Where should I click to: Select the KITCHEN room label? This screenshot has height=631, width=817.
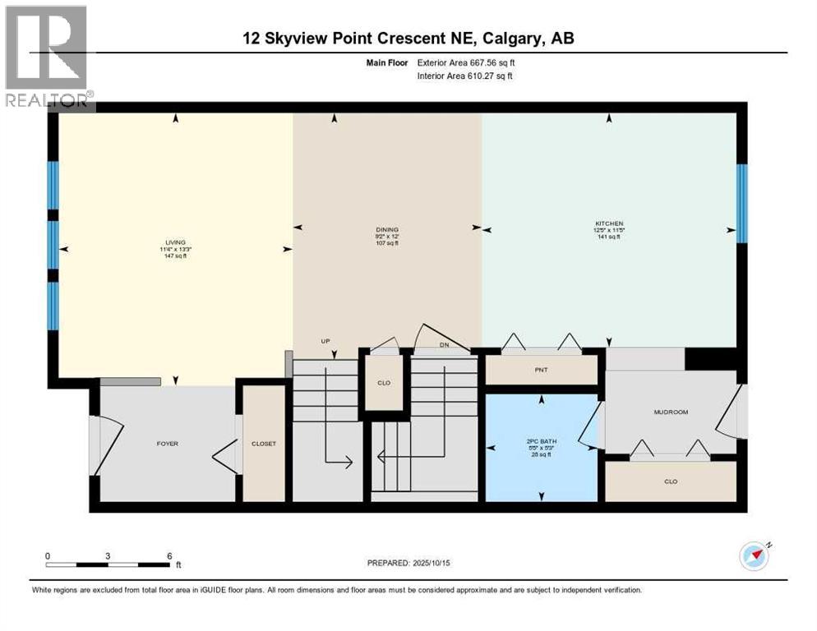point(609,223)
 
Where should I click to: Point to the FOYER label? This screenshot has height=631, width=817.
point(168,444)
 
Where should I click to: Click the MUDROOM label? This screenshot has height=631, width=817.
point(670,412)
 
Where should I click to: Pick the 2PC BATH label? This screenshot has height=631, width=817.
point(542,441)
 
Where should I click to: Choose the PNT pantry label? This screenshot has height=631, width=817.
point(541,370)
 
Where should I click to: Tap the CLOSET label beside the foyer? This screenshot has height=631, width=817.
point(264,444)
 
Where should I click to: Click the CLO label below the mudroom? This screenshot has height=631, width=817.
point(671,481)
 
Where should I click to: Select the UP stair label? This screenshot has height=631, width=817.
point(325,340)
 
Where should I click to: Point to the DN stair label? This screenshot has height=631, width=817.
point(444,346)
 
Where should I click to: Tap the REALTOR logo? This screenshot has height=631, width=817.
point(48,58)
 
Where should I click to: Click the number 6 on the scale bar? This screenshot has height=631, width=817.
point(169,555)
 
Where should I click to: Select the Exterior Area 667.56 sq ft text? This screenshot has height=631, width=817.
point(466,62)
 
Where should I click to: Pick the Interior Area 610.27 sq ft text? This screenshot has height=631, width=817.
point(465,76)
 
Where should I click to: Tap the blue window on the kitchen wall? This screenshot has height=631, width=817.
point(741,204)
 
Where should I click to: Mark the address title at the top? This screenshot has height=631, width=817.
point(408,38)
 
